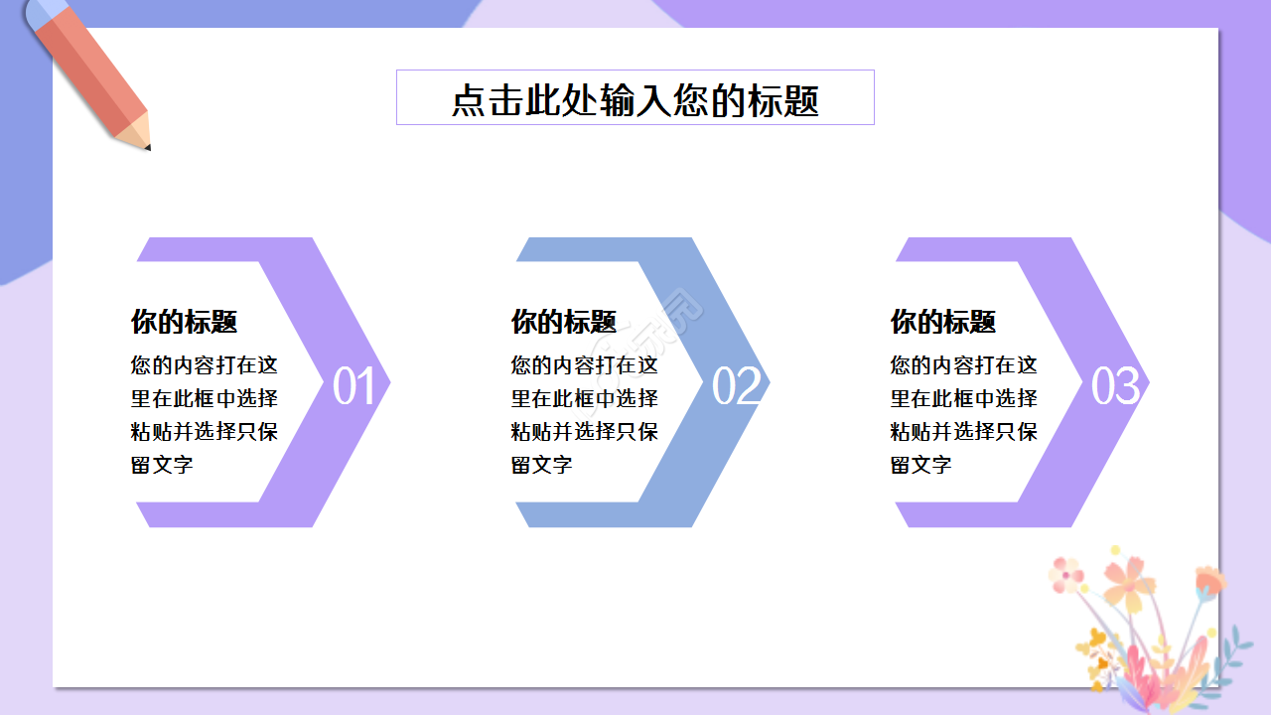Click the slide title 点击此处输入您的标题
[x=635, y=100]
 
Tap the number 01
[x=354, y=387]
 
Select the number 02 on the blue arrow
[x=736, y=387]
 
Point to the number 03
[x=1115, y=387]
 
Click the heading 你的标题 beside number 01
[x=185, y=322]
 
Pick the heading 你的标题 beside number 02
[x=564, y=322]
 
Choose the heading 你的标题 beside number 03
[x=943, y=322]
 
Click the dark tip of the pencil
[x=147, y=147]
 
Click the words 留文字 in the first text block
[x=162, y=465]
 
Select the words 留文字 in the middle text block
[x=542, y=465]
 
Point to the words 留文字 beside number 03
[x=921, y=465]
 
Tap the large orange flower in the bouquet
[x=1129, y=581]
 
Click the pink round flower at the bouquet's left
[x=1068, y=573]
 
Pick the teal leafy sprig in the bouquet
[x=1231, y=650]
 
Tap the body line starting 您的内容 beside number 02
[x=585, y=365]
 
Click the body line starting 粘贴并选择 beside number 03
[x=964, y=432]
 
